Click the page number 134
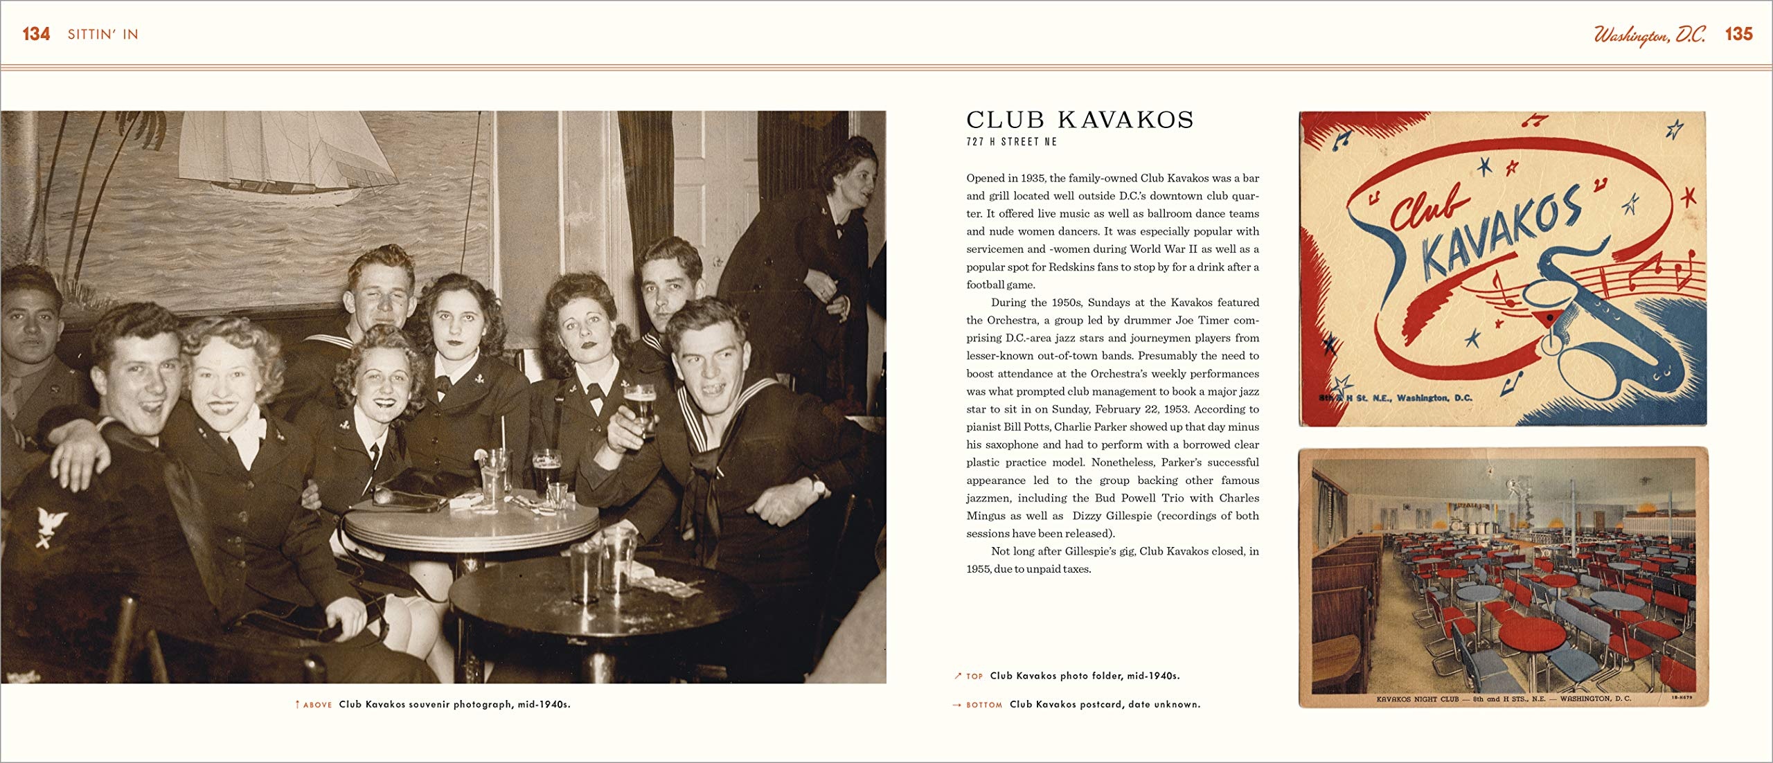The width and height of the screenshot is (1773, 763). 36,34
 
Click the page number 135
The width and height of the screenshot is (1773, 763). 1738,34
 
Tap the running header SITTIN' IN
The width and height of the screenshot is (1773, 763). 103,35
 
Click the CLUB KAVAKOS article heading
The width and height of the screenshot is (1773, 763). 1080,120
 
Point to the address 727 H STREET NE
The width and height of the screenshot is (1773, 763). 1012,142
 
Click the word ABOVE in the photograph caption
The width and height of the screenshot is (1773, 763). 318,705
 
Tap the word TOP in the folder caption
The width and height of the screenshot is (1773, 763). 974,676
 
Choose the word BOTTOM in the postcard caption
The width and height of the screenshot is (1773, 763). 983,705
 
